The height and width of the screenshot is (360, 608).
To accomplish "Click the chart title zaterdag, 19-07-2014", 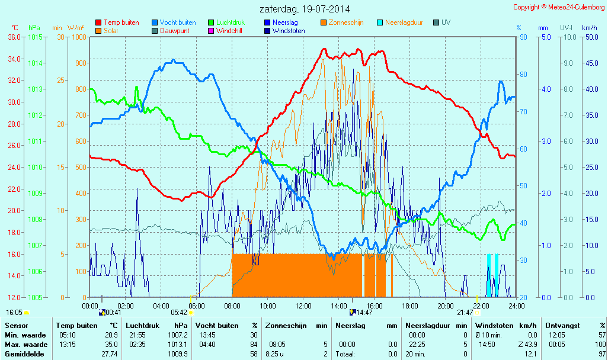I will click(305, 9).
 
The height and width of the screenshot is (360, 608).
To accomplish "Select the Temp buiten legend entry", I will click(121, 22).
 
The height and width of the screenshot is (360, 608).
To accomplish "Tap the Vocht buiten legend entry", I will click(177, 22).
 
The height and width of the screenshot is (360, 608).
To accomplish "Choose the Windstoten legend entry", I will click(288, 31).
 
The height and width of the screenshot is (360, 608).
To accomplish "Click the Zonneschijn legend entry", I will click(345, 22).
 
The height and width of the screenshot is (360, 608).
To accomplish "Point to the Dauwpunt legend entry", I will click(174, 31).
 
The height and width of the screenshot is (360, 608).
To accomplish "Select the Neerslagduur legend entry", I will click(404, 22).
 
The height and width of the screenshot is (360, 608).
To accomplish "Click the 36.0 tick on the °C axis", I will click(15, 37).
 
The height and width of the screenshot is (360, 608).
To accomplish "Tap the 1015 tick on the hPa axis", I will click(35, 37).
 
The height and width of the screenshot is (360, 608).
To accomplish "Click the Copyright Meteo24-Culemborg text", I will click(558, 7).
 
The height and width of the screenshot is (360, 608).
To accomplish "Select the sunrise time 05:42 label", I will click(178, 312).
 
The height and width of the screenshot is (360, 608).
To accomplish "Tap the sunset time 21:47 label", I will click(465, 312).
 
